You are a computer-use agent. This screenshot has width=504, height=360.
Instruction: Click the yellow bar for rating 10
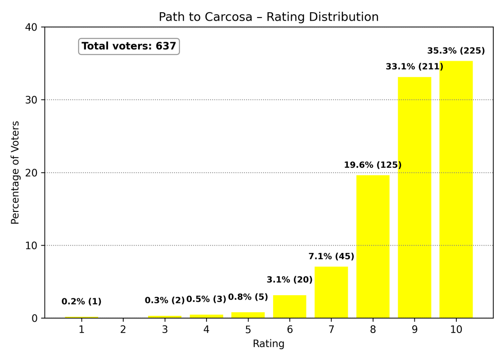coord(456,189)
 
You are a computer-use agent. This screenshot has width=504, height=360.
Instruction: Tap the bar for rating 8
coord(373,247)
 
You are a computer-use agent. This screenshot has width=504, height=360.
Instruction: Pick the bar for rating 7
coord(331,292)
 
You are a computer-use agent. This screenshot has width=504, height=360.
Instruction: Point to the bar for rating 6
coord(289,306)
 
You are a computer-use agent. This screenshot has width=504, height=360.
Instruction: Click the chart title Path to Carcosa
coord(269,17)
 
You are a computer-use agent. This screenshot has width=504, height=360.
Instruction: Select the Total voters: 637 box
coord(129,46)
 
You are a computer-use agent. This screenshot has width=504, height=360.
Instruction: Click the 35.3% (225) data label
coord(456,51)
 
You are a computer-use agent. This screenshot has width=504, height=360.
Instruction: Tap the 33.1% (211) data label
coord(414,67)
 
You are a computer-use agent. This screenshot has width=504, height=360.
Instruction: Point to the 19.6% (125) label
coord(373,165)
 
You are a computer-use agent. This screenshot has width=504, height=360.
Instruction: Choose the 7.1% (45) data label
coord(331,256)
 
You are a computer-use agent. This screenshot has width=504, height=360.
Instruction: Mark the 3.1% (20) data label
coord(289,280)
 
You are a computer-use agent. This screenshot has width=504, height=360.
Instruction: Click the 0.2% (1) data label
coord(81,302)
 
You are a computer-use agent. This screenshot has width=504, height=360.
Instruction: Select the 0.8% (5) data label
coord(248,297)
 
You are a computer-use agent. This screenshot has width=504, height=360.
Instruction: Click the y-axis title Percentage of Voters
coord(15,172)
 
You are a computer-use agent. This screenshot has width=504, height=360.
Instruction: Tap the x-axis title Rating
coord(269,344)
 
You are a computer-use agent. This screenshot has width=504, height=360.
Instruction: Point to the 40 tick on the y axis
coord(34,27)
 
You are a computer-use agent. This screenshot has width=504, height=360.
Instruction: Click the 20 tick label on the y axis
coord(34,173)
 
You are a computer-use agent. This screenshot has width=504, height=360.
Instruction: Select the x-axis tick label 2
coord(123,330)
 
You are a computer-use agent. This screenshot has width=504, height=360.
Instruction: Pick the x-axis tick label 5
coord(248,330)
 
